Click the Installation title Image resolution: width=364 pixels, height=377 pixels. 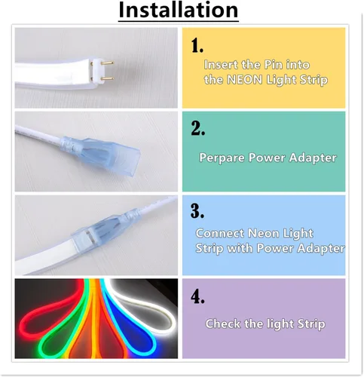click(x=179, y=11)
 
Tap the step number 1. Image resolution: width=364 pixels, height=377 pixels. click(x=197, y=46)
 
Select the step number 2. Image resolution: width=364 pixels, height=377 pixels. click(x=198, y=128)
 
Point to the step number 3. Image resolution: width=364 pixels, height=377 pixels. click(x=198, y=210)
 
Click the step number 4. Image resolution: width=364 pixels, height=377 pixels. click(x=198, y=296)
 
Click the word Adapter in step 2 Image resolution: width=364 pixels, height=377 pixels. click(x=312, y=158)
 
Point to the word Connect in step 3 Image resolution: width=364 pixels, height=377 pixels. click(x=219, y=234)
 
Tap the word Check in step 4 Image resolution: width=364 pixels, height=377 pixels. click(x=225, y=324)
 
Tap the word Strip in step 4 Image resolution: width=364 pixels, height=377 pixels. click(x=309, y=324)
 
